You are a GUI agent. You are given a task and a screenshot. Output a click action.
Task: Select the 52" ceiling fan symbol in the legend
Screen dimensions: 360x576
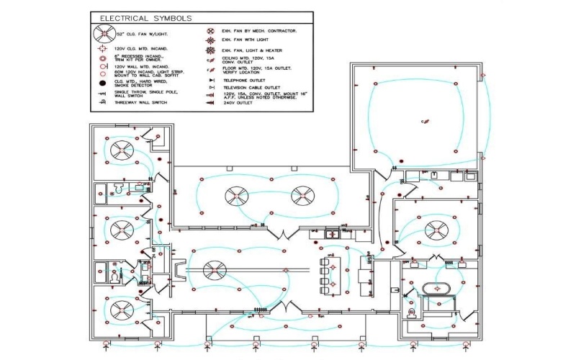(x=106, y=33)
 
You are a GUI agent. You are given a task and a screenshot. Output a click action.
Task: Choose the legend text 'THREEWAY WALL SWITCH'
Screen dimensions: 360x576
(x=141, y=103)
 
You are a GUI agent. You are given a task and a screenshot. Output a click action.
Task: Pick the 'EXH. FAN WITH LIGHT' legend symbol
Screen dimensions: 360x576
(x=210, y=41)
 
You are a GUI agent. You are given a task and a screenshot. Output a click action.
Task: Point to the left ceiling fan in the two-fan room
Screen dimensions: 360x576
(x=235, y=194)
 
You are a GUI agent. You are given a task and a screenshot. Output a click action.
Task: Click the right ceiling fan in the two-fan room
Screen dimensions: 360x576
(x=302, y=194)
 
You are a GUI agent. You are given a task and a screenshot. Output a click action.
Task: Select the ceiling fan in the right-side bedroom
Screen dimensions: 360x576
(x=436, y=230)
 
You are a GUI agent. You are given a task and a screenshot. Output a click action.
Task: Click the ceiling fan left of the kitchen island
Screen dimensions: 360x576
(x=213, y=270)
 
